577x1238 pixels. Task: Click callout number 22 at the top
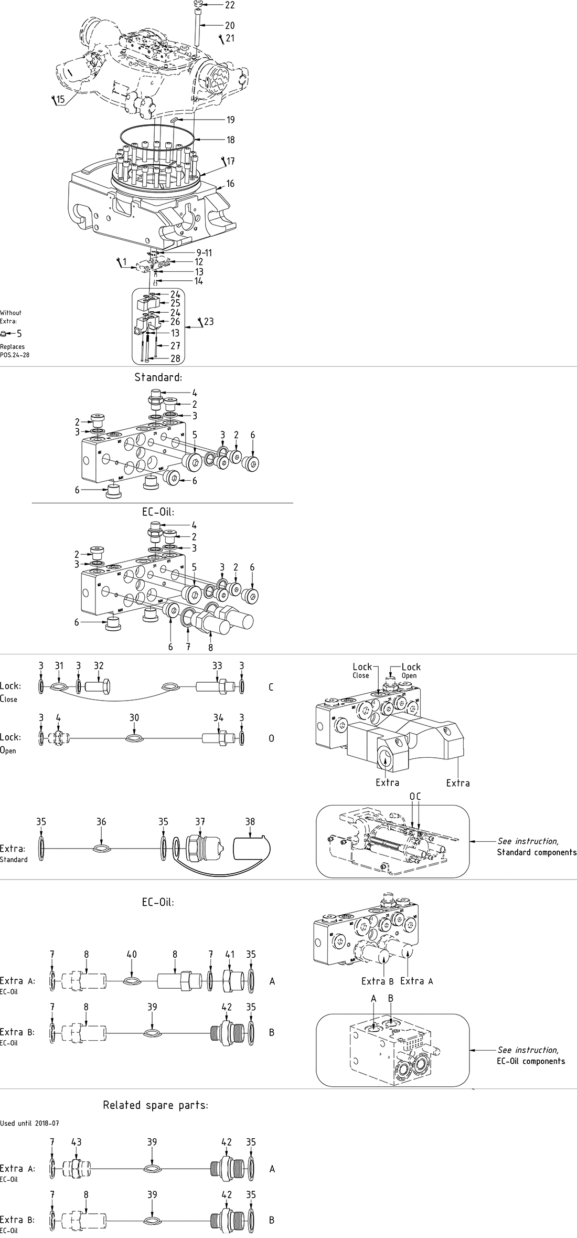point(230,5)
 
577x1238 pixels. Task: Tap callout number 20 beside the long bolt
point(230,26)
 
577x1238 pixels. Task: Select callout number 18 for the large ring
point(230,140)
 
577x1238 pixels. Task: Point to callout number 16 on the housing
point(230,184)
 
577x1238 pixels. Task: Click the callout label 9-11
point(201,253)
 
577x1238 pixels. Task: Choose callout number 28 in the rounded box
point(175,358)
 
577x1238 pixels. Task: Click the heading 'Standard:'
point(158,377)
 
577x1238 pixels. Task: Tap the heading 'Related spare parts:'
point(155,1105)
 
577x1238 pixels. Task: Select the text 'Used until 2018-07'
point(29,1124)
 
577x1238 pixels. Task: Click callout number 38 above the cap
point(250,822)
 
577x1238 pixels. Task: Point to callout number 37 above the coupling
point(200,822)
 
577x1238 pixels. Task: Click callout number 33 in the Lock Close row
point(217,665)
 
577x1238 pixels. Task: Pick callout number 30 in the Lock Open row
point(134,717)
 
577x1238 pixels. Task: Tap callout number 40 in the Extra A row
point(132,954)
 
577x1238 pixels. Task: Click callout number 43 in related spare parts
point(77,1142)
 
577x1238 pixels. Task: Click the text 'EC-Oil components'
point(531,1061)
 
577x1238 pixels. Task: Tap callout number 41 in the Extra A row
point(229,954)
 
